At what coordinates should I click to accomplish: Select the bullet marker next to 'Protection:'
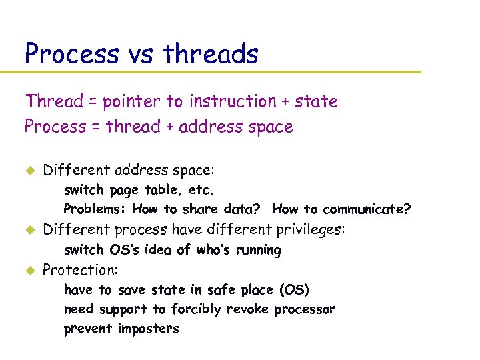click(29, 271)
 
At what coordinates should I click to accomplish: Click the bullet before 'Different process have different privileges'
click(29, 231)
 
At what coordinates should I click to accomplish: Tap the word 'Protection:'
click(80, 270)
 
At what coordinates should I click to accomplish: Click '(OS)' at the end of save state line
click(294, 290)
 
